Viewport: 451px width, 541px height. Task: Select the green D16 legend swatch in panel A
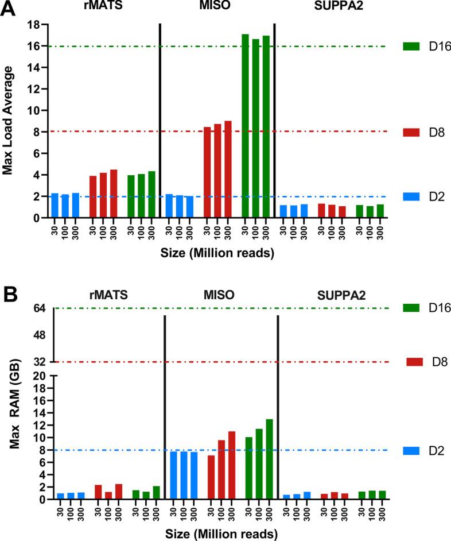click(413, 47)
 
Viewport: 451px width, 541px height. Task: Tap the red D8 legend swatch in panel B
click(415, 362)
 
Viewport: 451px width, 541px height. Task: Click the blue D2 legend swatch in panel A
click(413, 196)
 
